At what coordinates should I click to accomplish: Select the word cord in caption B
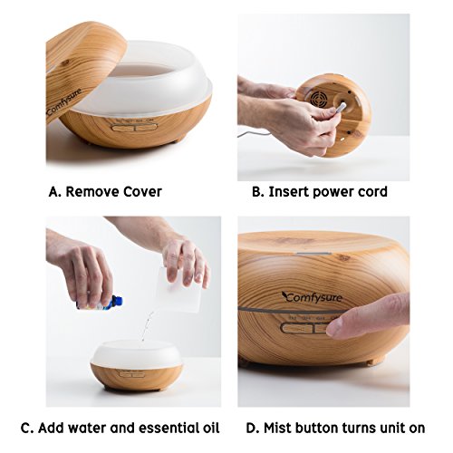(x=373, y=192)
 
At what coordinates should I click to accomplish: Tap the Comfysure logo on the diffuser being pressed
(x=313, y=297)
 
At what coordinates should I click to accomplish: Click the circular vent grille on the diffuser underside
(x=318, y=98)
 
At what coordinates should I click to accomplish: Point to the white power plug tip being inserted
(x=342, y=107)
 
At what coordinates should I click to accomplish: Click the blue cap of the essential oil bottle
(x=118, y=301)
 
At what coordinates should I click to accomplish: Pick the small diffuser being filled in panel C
(x=136, y=364)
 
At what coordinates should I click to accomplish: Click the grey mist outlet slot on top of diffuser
(x=314, y=254)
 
